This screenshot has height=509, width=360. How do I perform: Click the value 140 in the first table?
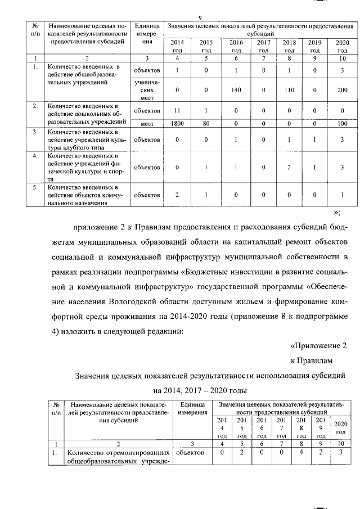pos(236,90)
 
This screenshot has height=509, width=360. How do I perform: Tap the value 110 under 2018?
pos(289,90)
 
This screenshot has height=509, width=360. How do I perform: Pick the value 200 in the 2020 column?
pos(342,90)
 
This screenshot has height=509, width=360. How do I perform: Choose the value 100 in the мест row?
pos(342,123)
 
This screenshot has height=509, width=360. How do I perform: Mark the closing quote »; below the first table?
pos(337,212)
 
